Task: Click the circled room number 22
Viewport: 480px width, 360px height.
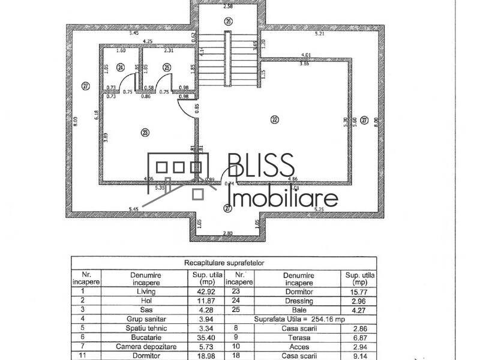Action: tap(275, 119)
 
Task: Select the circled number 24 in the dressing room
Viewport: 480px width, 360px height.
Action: tap(121, 67)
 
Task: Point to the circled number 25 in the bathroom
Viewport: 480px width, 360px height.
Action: tap(167, 67)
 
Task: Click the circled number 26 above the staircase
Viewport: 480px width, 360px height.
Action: tap(228, 21)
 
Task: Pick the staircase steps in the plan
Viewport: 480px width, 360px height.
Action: tap(228, 60)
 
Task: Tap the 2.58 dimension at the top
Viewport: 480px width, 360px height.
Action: tap(228, 7)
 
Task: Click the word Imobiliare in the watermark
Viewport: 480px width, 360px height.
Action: tap(284, 197)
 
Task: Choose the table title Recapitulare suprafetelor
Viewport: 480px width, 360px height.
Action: tap(224, 262)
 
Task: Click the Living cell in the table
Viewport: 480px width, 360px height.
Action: tap(146, 291)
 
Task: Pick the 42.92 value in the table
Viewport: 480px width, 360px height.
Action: tap(208, 291)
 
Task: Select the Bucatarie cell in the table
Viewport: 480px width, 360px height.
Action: tap(146, 338)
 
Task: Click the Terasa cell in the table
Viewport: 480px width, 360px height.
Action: tap(298, 338)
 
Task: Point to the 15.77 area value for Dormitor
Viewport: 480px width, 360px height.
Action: tap(359, 291)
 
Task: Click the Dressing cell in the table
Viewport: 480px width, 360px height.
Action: tap(298, 301)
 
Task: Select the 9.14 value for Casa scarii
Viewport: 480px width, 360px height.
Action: tap(359, 356)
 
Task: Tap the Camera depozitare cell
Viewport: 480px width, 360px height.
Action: tap(146, 347)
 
